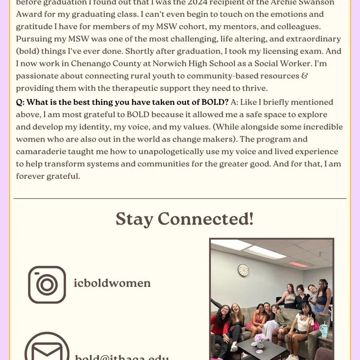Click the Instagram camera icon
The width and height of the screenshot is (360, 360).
point(47,284)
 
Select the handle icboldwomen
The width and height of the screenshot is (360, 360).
point(112,283)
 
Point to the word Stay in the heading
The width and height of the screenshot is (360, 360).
point(134,219)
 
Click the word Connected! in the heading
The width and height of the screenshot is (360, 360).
point(206,219)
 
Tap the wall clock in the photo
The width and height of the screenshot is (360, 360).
point(243,270)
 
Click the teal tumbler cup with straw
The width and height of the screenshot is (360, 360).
point(324,330)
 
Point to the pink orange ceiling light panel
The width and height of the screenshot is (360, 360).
point(298,264)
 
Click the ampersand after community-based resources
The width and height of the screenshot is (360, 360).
point(305,76)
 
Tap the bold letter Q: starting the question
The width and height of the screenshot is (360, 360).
point(20,102)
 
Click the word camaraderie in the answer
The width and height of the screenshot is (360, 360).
point(43,152)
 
